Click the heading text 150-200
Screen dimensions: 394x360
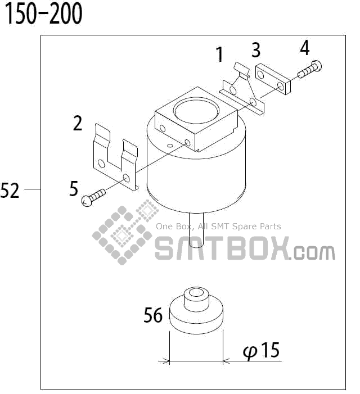click(x=44, y=14)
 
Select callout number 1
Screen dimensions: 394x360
click(x=220, y=55)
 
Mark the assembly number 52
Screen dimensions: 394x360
click(x=10, y=191)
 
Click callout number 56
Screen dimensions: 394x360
click(x=153, y=315)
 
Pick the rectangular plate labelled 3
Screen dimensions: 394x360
click(x=273, y=79)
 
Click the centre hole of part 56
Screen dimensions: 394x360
click(x=197, y=293)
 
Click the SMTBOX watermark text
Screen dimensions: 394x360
click(x=222, y=248)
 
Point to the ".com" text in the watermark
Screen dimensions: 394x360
click(x=313, y=252)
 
